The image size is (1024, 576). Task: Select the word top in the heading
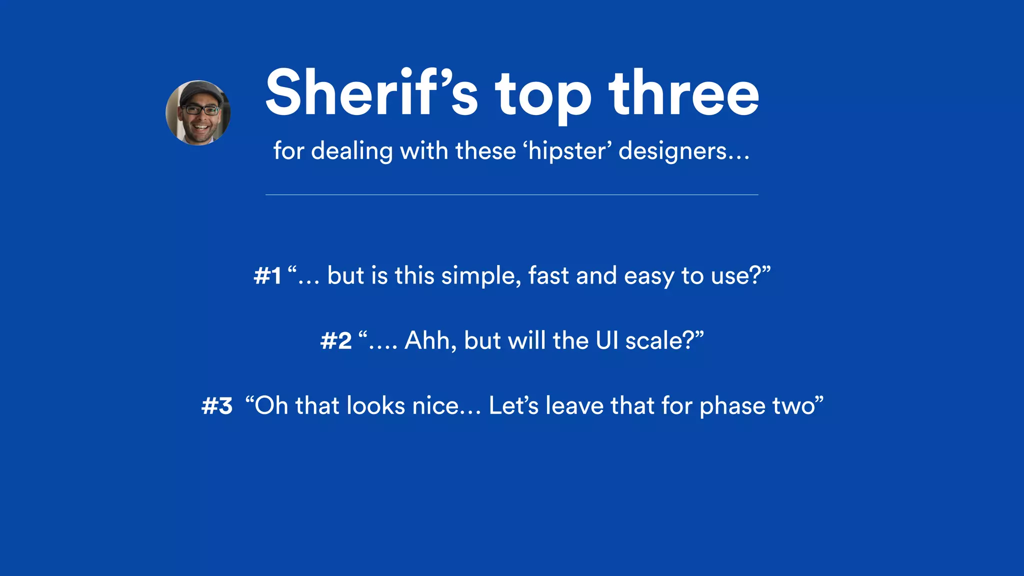pyautogui.click(x=543, y=97)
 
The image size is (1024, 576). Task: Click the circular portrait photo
pyautogui.click(x=198, y=113)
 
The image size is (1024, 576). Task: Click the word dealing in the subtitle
pyautogui.click(x=351, y=151)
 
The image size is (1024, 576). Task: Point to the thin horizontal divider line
pyautogui.click(x=511, y=194)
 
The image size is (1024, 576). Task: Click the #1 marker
pyautogui.click(x=267, y=276)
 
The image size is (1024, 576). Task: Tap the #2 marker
pyautogui.click(x=336, y=341)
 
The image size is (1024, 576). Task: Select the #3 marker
pyautogui.click(x=217, y=406)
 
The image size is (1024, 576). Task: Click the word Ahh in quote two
pyautogui.click(x=429, y=341)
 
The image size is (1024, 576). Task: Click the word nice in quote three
pyautogui.click(x=434, y=405)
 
